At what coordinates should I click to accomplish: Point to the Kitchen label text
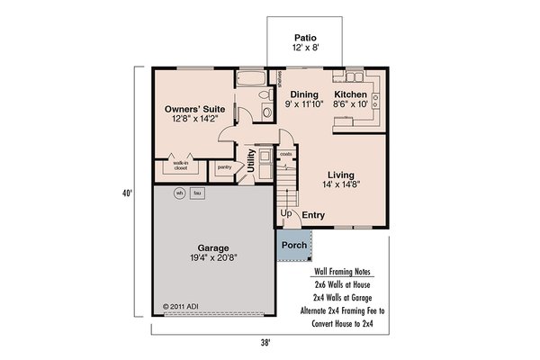tap(350, 94)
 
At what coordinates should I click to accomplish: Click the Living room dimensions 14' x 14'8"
tap(339, 184)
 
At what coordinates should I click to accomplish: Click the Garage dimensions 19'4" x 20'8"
tap(213, 256)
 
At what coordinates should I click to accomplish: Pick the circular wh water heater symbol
tap(179, 193)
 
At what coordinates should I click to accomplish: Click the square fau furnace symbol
tap(196, 193)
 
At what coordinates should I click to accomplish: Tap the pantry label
tap(224, 166)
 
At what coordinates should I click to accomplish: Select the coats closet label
tap(286, 155)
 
